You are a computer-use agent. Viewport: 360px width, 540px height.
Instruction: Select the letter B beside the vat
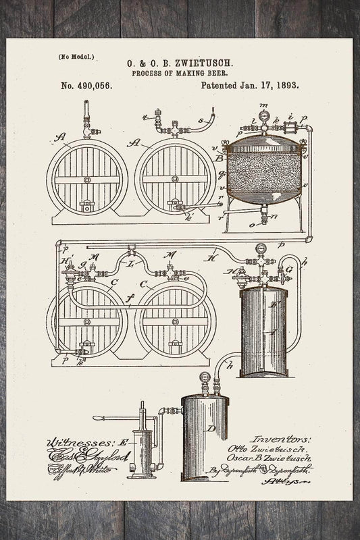click(x=218, y=159)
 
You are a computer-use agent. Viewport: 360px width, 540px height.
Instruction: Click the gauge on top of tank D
click(x=203, y=378)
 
